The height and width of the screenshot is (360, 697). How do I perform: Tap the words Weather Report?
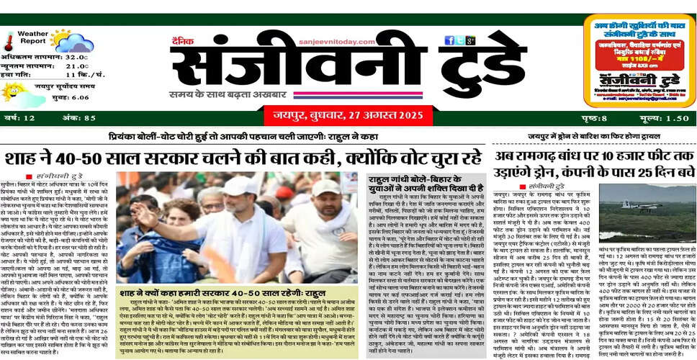point(32,37)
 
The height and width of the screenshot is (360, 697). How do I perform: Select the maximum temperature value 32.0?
point(77,57)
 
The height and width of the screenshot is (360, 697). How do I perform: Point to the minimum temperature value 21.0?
point(77,66)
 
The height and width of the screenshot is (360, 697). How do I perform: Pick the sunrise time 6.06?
point(80,97)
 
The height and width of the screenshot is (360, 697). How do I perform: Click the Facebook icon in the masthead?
point(449,41)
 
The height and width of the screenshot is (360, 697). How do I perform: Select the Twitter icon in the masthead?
point(459,41)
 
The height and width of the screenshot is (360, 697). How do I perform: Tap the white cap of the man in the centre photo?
point(239,185)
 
